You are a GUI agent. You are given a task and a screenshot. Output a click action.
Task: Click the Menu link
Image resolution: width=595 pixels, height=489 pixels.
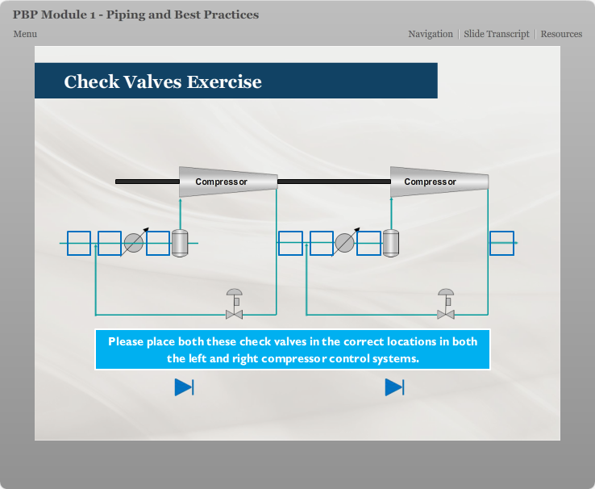[x=25, y=34]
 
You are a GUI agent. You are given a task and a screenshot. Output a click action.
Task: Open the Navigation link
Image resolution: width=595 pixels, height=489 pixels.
[x=431, y=34]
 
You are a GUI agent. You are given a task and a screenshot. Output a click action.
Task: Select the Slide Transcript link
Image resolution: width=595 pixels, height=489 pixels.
[x=497, y=34]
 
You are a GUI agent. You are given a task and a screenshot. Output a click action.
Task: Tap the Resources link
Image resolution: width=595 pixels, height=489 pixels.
[x=561, y=34]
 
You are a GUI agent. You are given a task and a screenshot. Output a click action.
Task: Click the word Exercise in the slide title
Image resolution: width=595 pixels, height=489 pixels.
[x=224, y=81]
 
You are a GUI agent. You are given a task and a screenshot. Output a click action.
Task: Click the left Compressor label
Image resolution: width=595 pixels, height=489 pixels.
[x=221, y=182]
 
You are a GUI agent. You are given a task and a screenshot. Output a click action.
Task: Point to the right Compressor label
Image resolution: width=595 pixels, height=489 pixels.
[x=430, y=182]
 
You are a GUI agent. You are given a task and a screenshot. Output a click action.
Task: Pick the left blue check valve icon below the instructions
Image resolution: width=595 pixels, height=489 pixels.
[x=185, y=387]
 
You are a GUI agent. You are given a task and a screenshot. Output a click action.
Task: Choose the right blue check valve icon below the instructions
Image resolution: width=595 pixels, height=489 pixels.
[x=394, y=387]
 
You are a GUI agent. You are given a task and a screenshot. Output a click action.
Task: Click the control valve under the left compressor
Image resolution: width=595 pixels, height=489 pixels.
[x=234, y=303]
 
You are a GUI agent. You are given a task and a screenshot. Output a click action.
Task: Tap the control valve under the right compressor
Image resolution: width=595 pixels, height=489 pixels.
[x=446, y=303]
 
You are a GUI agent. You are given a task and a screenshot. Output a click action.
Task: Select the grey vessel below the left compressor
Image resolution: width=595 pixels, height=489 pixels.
[x=180, y=243]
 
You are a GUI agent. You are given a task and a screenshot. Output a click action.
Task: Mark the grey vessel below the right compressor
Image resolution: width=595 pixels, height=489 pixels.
[x=391, y=243]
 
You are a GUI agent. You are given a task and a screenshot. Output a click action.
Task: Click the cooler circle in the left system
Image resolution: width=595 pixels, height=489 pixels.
[x=134, y=243]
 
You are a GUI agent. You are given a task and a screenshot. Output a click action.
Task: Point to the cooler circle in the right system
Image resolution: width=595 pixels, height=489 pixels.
[x=344, y=243]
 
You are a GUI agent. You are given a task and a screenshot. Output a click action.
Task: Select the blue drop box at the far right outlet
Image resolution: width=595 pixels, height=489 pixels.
[x=502, y=243]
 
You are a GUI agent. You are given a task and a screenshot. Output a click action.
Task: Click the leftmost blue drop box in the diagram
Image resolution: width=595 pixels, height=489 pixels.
[x=79, y=243]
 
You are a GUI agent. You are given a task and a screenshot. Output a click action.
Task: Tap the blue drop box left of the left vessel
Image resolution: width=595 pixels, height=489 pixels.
[x=158, y=243]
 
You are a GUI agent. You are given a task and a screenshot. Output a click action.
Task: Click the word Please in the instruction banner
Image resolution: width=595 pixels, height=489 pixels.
[x=126, y=341]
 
